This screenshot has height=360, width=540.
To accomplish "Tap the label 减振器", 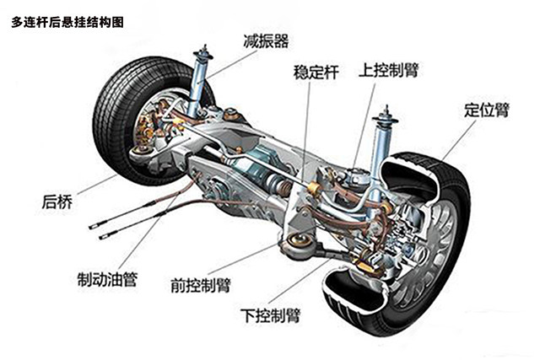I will pyautogui.click(x=265, y=40).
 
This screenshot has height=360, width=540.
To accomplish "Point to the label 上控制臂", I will pyautogui.click(x=389, y=67).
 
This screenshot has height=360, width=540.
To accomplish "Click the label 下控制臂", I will pyautogui.click(x=275, y=315).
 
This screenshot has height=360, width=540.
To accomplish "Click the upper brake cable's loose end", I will pyautogui.click(x=90, y=224).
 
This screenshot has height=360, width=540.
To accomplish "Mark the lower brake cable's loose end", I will pyautogui.click(x=102, y=236).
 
